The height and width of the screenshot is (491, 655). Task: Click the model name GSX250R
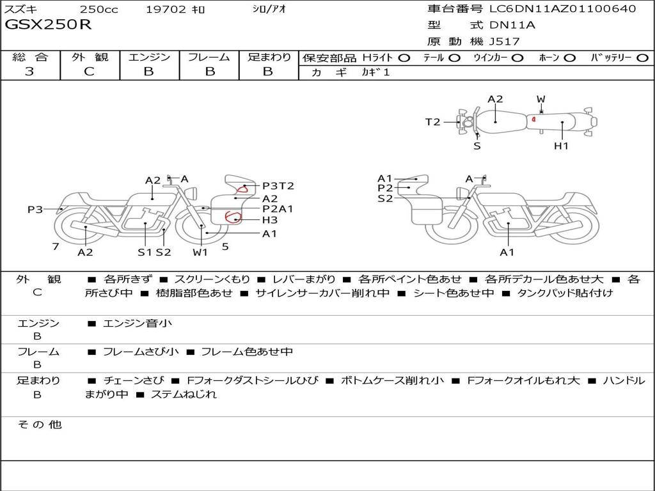tap(49, 25)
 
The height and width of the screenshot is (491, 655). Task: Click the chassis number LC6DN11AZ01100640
tap(562, 9)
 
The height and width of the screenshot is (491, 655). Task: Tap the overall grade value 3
tap(29, 72)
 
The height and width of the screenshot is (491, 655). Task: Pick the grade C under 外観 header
tap(89, 72)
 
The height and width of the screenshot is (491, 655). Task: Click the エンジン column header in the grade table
tap(149, 57)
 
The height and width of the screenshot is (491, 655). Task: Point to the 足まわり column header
tap(269, 57)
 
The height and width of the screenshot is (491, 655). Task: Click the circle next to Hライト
tap(404, 58)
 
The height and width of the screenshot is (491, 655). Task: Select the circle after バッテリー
tap(642, 58)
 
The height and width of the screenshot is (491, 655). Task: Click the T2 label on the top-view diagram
tap(433, 122)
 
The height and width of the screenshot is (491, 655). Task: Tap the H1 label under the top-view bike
tap(561, 146)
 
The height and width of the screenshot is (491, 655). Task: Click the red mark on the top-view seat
tap(533, 119)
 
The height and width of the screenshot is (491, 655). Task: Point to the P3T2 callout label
tap(278, 186)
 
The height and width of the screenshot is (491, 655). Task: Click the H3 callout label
tap(269, 220)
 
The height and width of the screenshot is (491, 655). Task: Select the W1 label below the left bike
tap(201, 252)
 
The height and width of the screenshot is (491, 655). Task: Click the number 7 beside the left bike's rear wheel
tap(56, 246)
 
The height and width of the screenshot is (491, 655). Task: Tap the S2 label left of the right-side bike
tap(385, 199)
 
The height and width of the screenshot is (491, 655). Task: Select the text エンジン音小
tap(138, 323)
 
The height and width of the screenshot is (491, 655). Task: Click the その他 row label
tap(39, 425)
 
